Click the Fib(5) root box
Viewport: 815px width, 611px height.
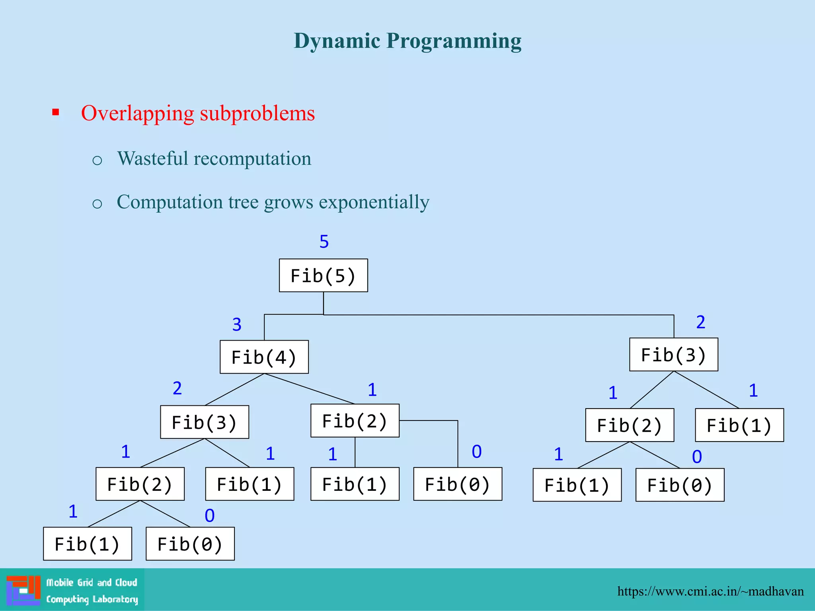323,276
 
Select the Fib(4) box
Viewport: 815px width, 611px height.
264,357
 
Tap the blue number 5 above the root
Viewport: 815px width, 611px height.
324,241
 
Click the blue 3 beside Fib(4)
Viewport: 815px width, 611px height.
237,325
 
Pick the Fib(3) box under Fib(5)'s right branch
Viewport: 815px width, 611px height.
673,354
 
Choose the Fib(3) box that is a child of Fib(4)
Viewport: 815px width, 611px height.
205,422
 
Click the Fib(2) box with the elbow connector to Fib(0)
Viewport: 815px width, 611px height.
355,421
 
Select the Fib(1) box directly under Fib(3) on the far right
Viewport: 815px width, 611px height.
739,425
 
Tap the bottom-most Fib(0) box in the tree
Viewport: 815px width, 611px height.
190,544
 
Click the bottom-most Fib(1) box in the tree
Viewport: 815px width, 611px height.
87,544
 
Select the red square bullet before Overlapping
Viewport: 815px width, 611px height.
56,113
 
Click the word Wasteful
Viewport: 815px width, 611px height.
152,158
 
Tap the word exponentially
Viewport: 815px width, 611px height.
374,202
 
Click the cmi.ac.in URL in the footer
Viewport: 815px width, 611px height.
710,591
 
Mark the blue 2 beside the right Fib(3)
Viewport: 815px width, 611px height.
700,322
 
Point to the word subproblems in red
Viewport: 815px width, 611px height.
257,114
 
